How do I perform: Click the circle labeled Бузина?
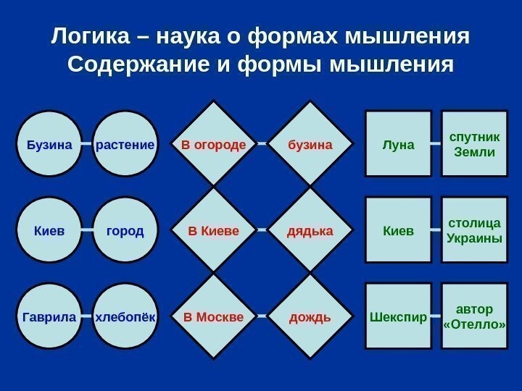tap(49, 143)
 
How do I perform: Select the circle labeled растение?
tap(125, 143)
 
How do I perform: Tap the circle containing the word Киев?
tap(49, 230)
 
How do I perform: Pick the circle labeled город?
tap(125, 230)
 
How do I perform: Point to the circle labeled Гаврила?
tap(49, 316)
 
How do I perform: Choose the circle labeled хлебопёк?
tap(125, 316)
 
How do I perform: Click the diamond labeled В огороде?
tap(213, 143)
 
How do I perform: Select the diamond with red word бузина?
tap(310, 143)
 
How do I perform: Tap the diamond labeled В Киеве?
tap(213, 230)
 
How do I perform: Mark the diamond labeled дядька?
tap(310, 230)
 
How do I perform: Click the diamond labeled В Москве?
tap(213, 316)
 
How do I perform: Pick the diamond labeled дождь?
tap(310, 316)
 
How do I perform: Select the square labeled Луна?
tap(399, 143)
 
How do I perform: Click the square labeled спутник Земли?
tap(474, 143)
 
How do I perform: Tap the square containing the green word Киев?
tap(399, 230)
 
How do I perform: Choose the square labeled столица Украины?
tap(474, 230)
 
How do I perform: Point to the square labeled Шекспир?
tap(399, 316)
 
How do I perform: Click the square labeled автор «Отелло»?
tap(474, 316)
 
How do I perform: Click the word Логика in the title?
tap(90, 35)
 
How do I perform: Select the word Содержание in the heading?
tap(138, 64)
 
